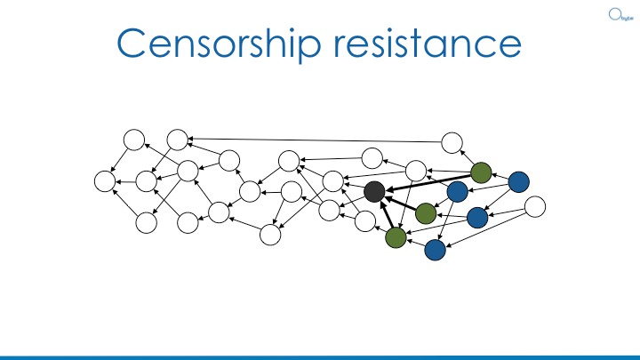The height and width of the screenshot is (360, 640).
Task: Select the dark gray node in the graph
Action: (375, 191)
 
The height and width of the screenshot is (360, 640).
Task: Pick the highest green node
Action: (481, 172)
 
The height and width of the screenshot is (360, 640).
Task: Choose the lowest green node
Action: (396, 237)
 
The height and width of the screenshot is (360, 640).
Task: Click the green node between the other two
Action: (426, 212)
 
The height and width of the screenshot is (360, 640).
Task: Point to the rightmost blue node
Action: (518, 182)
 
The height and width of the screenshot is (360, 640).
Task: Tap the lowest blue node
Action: (435, 251)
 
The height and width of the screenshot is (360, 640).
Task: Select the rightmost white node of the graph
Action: (535, 207)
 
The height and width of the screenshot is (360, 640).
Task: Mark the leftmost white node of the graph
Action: (105, 182)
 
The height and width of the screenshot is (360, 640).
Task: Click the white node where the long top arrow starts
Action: (452, 142)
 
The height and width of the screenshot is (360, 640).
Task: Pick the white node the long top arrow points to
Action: (178, 140)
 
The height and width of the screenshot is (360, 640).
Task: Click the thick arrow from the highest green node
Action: (428, 182)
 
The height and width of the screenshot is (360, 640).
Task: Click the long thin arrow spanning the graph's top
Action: (316, 140)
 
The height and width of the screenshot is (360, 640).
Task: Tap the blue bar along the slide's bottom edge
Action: (320, 357)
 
